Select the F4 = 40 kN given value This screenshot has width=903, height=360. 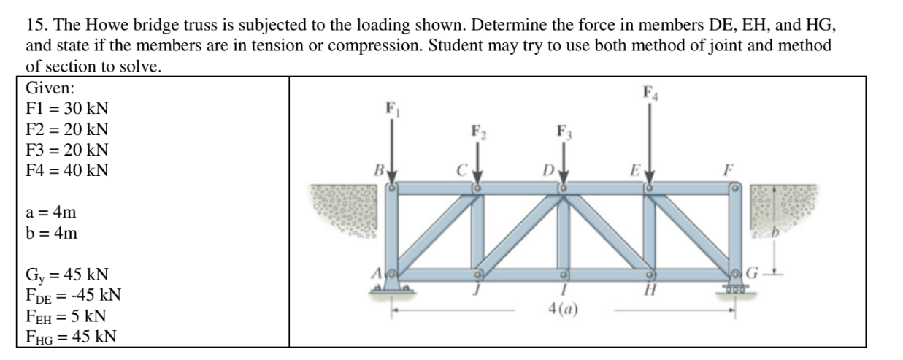click(67, 171)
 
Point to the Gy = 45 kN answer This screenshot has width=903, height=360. click(67, 276)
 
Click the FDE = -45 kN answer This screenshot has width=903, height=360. click(73, 296)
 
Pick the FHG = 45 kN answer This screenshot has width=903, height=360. click(71, 337)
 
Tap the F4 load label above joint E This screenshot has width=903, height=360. click(649, 93)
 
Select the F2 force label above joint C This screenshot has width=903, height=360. click(477, 132)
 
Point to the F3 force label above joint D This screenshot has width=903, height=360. click(563, 132)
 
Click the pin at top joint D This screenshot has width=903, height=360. click(564, 188)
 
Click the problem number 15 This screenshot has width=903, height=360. click(34, 25)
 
